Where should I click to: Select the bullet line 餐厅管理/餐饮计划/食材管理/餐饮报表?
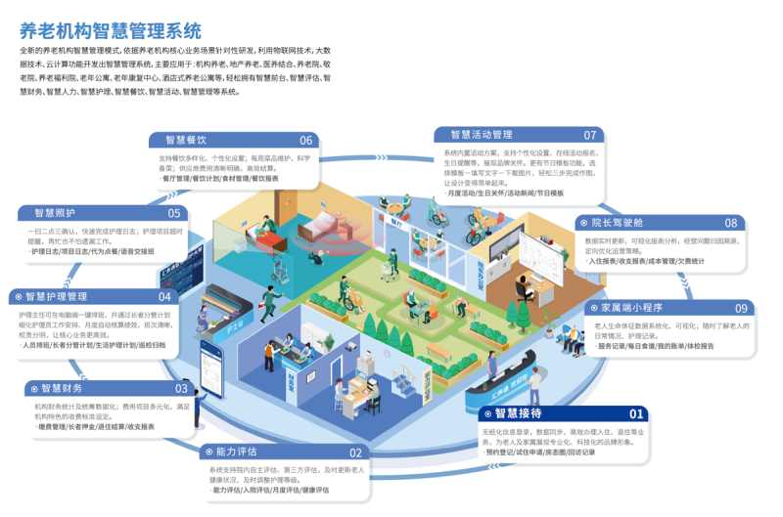click(220, 180)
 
